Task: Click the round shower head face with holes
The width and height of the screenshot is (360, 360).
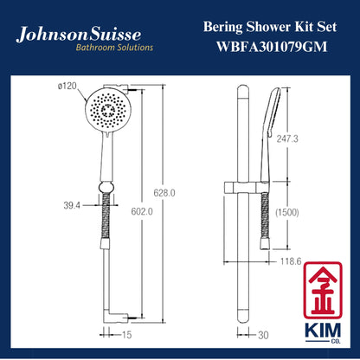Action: coord(107,109)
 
